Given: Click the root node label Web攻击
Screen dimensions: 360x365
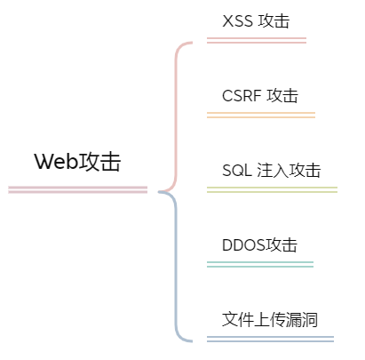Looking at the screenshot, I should point(77,162).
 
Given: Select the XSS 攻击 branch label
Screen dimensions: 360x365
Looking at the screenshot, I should point(256,20).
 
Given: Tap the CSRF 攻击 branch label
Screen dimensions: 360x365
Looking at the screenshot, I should point(260,95).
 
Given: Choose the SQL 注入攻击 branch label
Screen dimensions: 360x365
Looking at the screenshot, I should point(271,170).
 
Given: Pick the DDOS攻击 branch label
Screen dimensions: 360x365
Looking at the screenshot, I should point(259,244).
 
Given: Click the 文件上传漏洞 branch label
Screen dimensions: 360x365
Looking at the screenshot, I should point(269,319).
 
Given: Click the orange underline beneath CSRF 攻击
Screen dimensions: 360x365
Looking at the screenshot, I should point(260,115).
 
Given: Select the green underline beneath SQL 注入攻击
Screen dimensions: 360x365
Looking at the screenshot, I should point(271,189).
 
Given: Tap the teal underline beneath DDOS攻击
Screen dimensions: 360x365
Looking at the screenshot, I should point(259,264).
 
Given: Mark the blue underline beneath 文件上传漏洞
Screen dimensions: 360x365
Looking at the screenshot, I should point(269,339).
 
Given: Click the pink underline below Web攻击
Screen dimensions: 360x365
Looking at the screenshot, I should point(77,189).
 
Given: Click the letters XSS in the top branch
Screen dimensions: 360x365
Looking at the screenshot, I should point(237,20).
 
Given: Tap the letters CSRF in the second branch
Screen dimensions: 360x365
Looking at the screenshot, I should point(241,95).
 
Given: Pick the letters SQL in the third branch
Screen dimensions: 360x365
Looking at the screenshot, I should point(236,170).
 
